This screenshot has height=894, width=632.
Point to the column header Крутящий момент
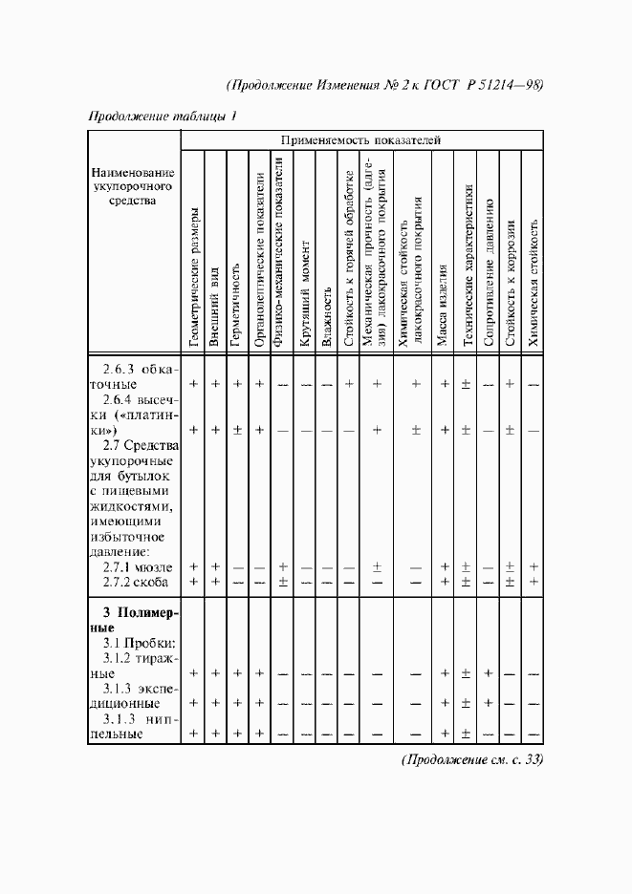(x=304, y=294)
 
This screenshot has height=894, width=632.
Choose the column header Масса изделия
(x=444, y=300)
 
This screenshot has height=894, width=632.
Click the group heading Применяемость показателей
(x=360, y=139)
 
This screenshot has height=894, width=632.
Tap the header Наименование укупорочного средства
(x=134, y=186)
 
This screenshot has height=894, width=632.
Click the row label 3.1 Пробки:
(x=140, y=644)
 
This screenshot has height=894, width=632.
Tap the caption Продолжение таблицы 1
(x=162, y=117)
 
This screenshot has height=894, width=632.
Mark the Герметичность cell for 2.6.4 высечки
(x=236, y=430)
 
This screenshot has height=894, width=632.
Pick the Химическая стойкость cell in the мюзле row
(x=534, y=567)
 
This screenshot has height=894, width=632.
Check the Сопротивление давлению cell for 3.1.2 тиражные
(x=489, y=673)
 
